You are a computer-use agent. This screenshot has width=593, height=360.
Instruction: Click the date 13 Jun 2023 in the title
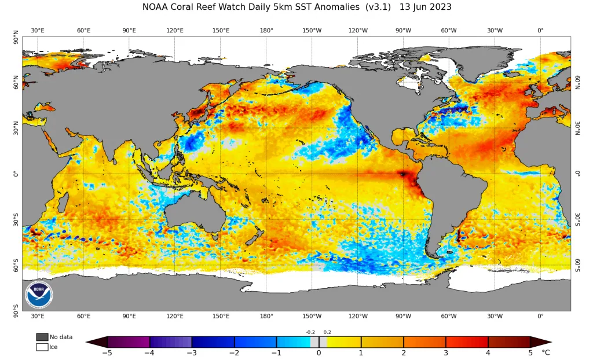point(426,7)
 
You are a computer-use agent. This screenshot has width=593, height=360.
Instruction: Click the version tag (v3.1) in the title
point(378,7)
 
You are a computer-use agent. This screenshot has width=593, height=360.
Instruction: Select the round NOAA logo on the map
point(39,295)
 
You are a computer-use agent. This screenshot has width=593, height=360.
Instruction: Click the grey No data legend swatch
point(42,337)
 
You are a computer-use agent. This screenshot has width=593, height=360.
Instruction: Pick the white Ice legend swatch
point(42,347)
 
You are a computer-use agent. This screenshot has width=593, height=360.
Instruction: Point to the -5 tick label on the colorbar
point(107,353)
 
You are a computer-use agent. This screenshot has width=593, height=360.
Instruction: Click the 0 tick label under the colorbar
point(319,353)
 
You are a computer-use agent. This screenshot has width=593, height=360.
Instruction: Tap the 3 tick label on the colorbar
point(446,353)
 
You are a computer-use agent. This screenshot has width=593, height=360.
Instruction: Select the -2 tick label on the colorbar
point(234,353)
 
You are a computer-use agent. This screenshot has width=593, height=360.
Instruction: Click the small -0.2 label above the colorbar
point(310,332)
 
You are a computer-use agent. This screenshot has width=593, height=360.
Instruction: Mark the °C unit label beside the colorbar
point(546,353)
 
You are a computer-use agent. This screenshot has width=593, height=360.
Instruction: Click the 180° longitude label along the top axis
point(266,30)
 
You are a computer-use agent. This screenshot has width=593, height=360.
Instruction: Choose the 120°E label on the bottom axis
point(175,316)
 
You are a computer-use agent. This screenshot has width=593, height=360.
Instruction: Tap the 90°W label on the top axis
point(403,30)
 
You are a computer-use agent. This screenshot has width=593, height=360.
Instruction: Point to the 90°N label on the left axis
point(16,37)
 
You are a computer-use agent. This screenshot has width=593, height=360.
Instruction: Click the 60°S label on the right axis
point(578,265)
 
